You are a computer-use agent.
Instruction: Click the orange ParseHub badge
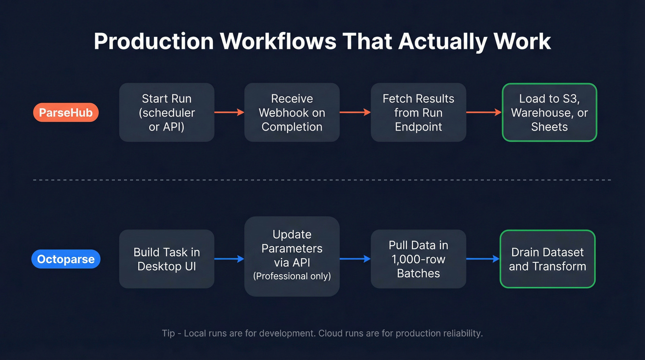(66, 112)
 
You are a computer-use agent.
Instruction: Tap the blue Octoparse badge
(66, 259)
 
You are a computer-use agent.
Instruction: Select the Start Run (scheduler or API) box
(167, 112)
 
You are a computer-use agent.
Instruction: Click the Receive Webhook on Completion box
(292, 112)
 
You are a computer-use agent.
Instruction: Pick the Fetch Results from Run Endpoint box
(418, 112)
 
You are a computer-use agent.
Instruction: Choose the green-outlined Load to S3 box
(549, 112)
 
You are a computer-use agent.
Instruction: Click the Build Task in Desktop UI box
(167, 259)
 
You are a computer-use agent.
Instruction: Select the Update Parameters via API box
(292, 256)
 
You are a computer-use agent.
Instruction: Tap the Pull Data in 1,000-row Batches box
(418, 259)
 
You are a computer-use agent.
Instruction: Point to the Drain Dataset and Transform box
(548, 259)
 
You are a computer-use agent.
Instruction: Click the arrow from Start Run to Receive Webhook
(229, 112)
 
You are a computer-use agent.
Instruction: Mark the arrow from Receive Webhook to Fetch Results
(355, 112)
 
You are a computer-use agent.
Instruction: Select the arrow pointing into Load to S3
(483, 112)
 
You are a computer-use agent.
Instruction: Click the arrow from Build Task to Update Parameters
(229, 259)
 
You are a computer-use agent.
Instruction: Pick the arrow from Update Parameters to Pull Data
(355, 259)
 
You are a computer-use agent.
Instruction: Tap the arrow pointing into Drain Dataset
(483, 259)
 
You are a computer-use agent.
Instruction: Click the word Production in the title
(154, 41)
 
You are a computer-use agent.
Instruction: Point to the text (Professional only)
(292, 276)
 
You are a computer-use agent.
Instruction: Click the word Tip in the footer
(168, 333)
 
